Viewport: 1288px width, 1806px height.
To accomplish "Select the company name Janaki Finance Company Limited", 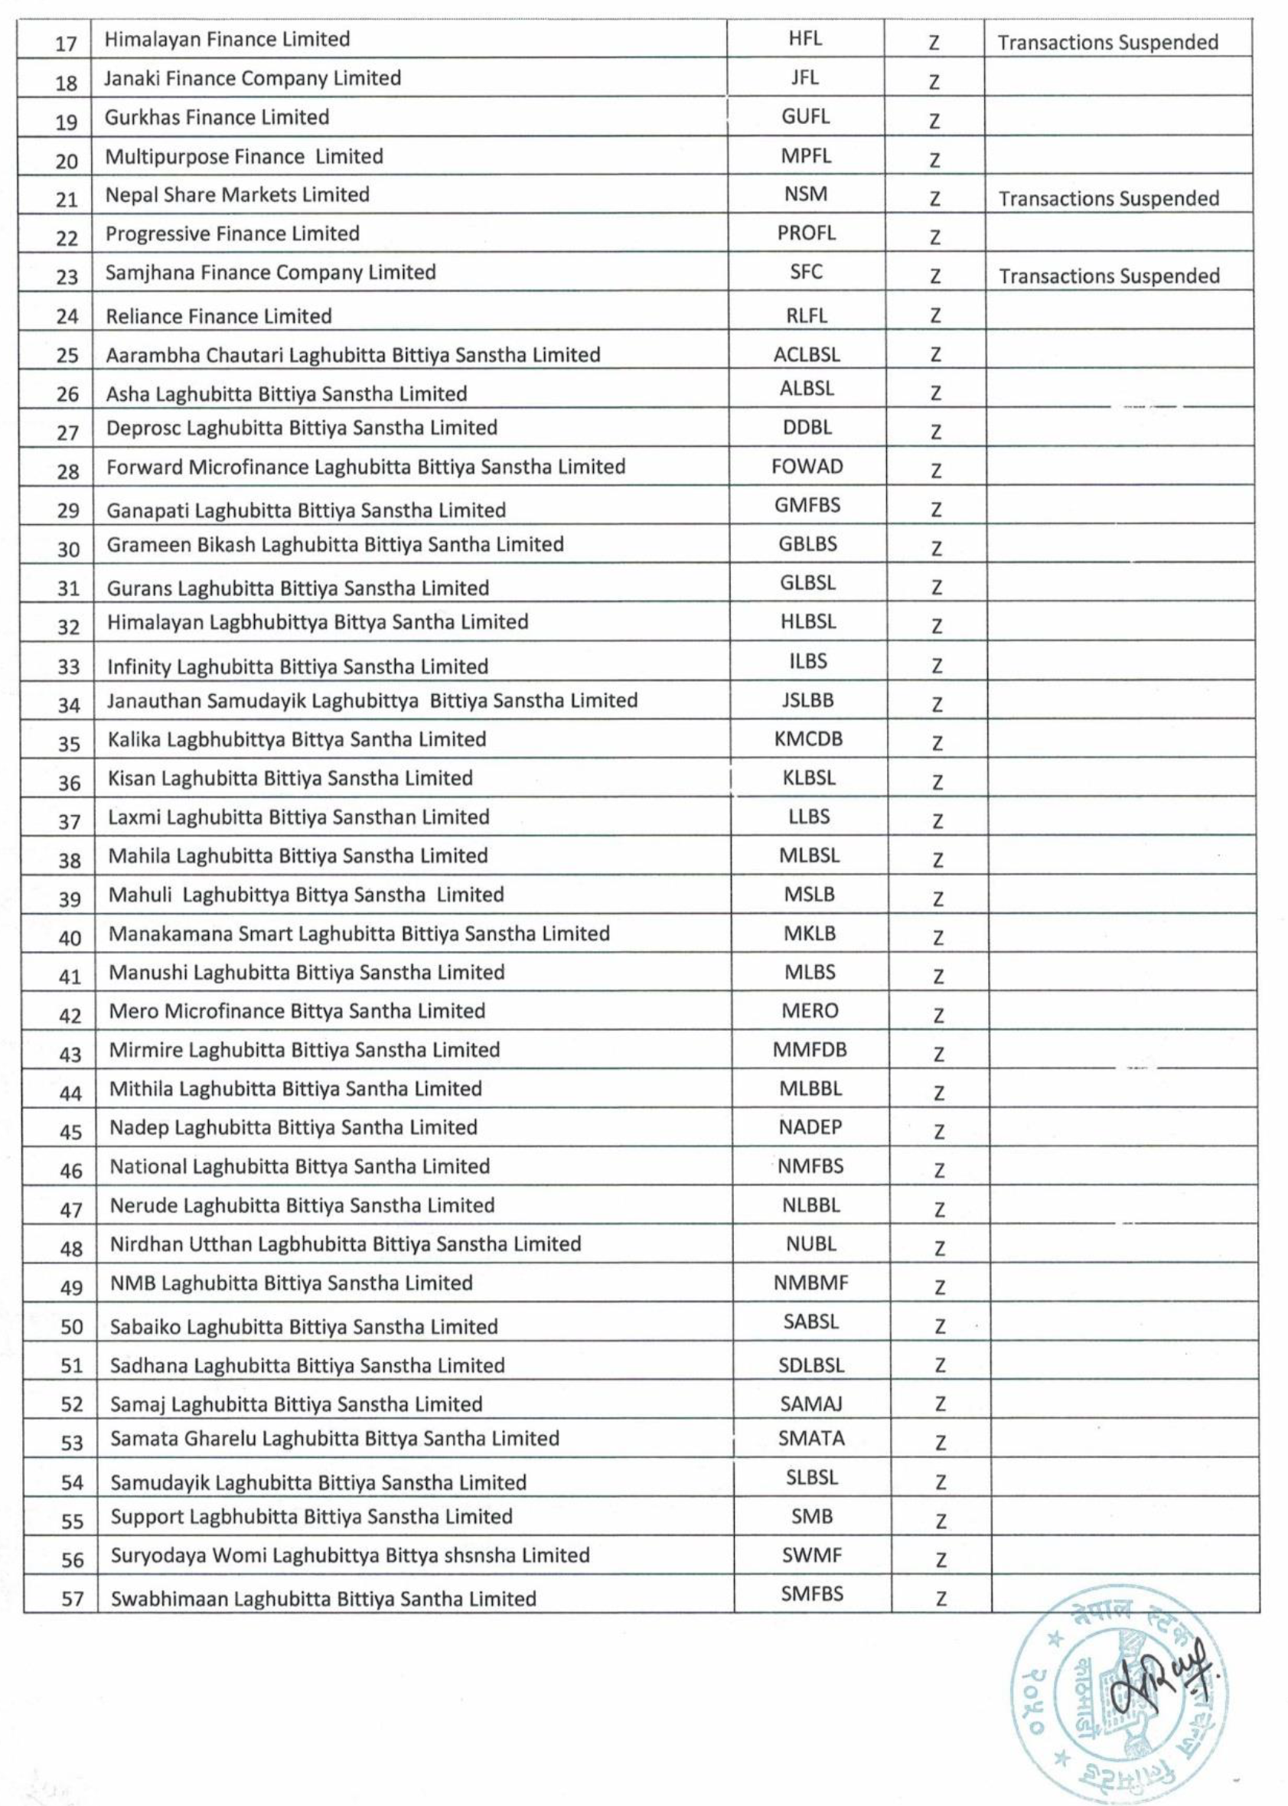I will point(253,79).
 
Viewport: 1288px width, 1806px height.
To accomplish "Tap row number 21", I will point(67,200).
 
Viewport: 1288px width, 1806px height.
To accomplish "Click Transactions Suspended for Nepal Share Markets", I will point(1108,198).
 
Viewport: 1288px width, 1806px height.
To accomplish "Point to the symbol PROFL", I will point(806,233).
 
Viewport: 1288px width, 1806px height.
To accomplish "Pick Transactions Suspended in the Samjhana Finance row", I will point(1109,276).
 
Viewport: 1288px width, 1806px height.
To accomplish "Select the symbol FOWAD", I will point(807,466).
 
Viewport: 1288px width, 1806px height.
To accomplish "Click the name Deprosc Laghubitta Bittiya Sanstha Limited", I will point(302,429).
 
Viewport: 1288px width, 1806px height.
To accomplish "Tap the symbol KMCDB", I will point(808,739).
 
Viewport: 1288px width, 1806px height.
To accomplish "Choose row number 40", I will point(70,938).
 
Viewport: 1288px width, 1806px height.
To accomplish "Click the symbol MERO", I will point(809,1011).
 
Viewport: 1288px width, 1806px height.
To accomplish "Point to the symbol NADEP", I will point(810,1127).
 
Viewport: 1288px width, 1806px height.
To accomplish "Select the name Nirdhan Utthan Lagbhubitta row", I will point(345,1244).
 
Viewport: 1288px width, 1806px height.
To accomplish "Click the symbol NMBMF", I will point(810,1283).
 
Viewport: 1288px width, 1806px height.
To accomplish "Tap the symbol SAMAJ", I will point(810,1404).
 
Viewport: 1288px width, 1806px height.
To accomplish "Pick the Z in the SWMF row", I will point(941,1560).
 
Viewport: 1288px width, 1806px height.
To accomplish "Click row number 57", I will point(72,1599).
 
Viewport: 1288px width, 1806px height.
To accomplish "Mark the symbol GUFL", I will point(805,116).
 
